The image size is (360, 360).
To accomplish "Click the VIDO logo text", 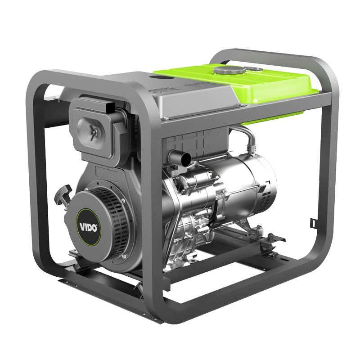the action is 88,228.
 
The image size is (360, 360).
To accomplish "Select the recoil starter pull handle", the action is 63,196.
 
